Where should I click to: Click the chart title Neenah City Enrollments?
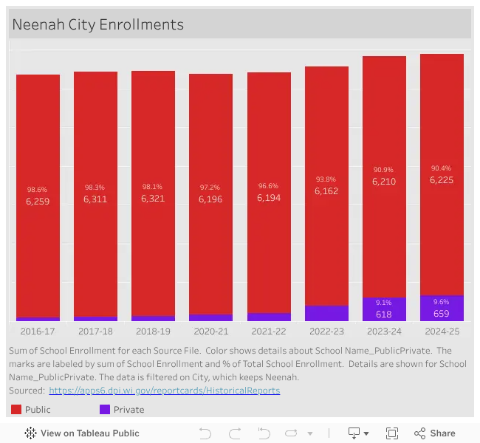[97, 25]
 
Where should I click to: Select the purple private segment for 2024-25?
[442, 308]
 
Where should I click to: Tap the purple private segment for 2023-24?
[384, 309]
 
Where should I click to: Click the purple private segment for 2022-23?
[326, 313]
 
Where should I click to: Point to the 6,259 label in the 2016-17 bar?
[38, 202]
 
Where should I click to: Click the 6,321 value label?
[153, 199]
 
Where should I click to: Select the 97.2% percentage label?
[210, 187]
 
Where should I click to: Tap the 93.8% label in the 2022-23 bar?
[326, 179]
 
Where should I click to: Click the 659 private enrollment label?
[442, 314]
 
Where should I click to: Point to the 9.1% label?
[383, 303]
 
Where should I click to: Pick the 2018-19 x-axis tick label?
[153, 332]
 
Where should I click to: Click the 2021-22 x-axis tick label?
[269, 332]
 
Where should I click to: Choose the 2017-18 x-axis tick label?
[95, 332]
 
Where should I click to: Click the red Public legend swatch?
[16, 409]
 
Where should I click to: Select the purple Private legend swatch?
[105, 409]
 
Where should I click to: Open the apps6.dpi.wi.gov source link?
[165, 391]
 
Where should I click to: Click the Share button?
[435, 433]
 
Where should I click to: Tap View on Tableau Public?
[82, 433]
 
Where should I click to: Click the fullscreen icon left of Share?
[392, 433]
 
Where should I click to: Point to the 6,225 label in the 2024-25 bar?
[442, 180]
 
